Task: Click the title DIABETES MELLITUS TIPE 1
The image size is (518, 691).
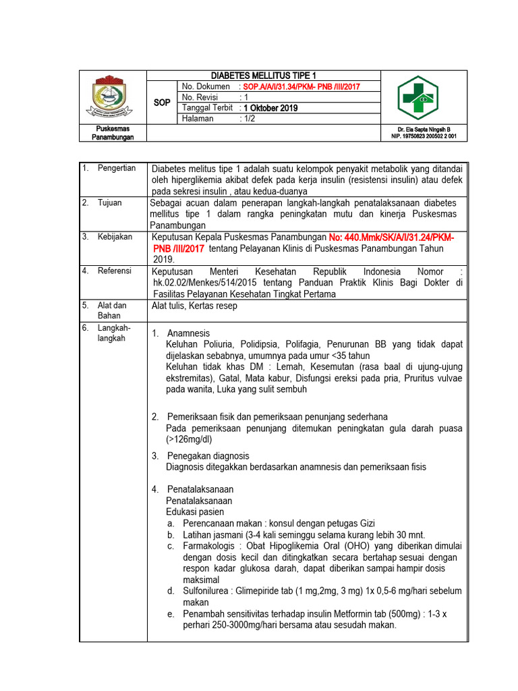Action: [x=263, y=76]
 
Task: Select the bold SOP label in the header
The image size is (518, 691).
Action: [x=162, y=103]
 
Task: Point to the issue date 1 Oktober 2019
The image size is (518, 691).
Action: [x=270, y=108]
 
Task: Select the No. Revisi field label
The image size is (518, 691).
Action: [x=202, y=98]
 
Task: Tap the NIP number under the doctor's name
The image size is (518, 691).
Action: [x=424, y=136]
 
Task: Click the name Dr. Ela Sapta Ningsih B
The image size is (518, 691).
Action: [x=424, y=129]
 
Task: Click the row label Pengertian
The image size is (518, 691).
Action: [x=116, y=168]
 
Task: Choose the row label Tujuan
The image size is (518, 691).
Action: [x=109, y=202]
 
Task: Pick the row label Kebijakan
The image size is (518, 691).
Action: [x=115, y=237]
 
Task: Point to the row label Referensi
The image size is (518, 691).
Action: [x=115, y=271]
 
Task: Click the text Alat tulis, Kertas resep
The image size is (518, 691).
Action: [x=194, y=306]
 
